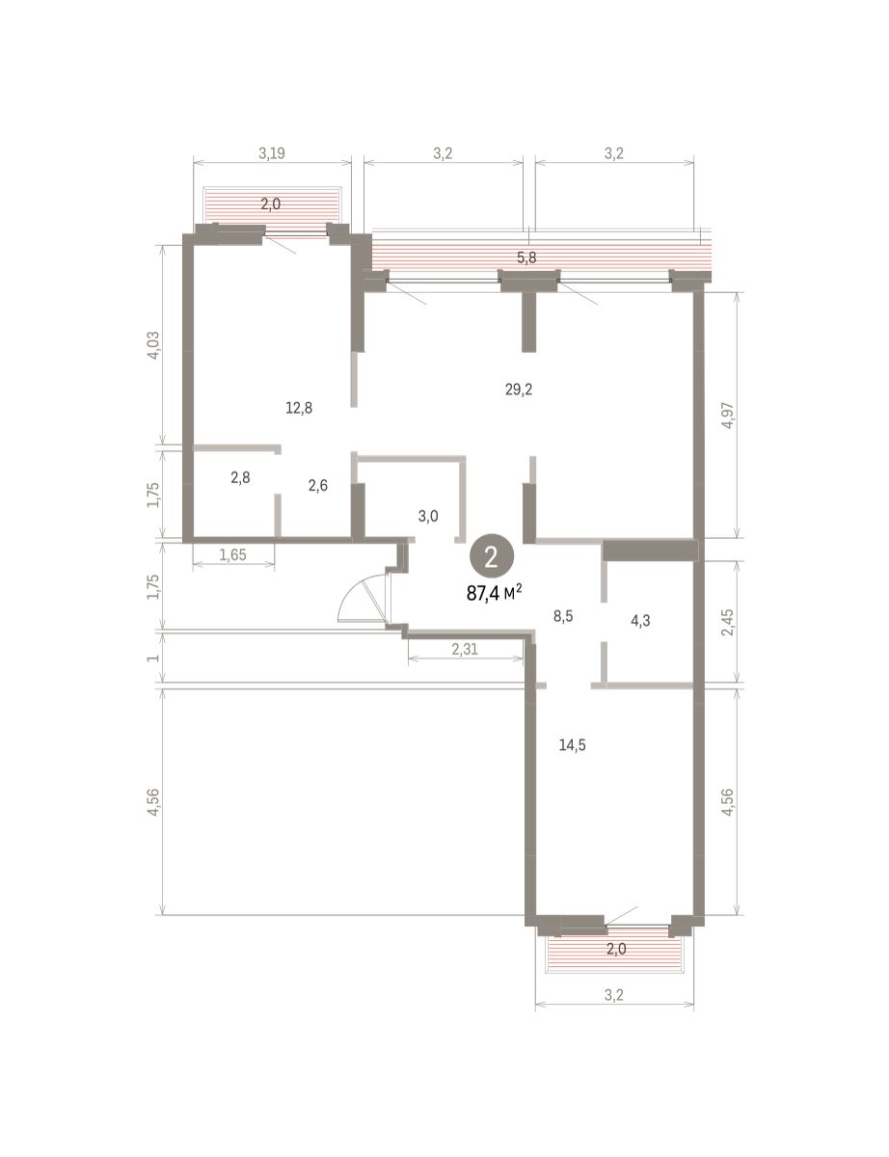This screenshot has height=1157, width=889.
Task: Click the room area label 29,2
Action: [519, 390]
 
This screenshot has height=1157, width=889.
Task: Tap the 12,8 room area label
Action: [299, 409]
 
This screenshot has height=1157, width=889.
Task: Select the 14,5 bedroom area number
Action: [573, 745]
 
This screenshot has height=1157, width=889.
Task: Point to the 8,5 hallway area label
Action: [563, 616]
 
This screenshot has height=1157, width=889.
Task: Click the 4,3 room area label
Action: [640, 620]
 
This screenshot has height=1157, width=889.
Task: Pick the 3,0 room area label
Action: [428, 516]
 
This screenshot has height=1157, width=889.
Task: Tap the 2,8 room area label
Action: [240, 477]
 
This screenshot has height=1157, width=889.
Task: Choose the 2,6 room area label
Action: [318, 486]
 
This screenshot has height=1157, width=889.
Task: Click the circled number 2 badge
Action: [492, 556]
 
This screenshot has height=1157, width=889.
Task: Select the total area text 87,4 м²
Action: [494, 593]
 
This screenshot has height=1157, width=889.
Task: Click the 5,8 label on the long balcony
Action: [526, 258]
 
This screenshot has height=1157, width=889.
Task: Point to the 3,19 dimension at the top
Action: [272, 153]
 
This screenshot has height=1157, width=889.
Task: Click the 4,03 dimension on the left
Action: [153, 345]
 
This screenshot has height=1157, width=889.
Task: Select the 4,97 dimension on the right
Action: [727, 416]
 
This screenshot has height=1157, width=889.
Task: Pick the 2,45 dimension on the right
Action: [727, 622]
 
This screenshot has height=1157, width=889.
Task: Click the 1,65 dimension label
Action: [232, 554]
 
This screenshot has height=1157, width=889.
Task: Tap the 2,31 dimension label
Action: [465, 649]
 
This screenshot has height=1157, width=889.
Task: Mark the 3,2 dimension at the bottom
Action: [614, 995]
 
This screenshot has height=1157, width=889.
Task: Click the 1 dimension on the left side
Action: [153, 659]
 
